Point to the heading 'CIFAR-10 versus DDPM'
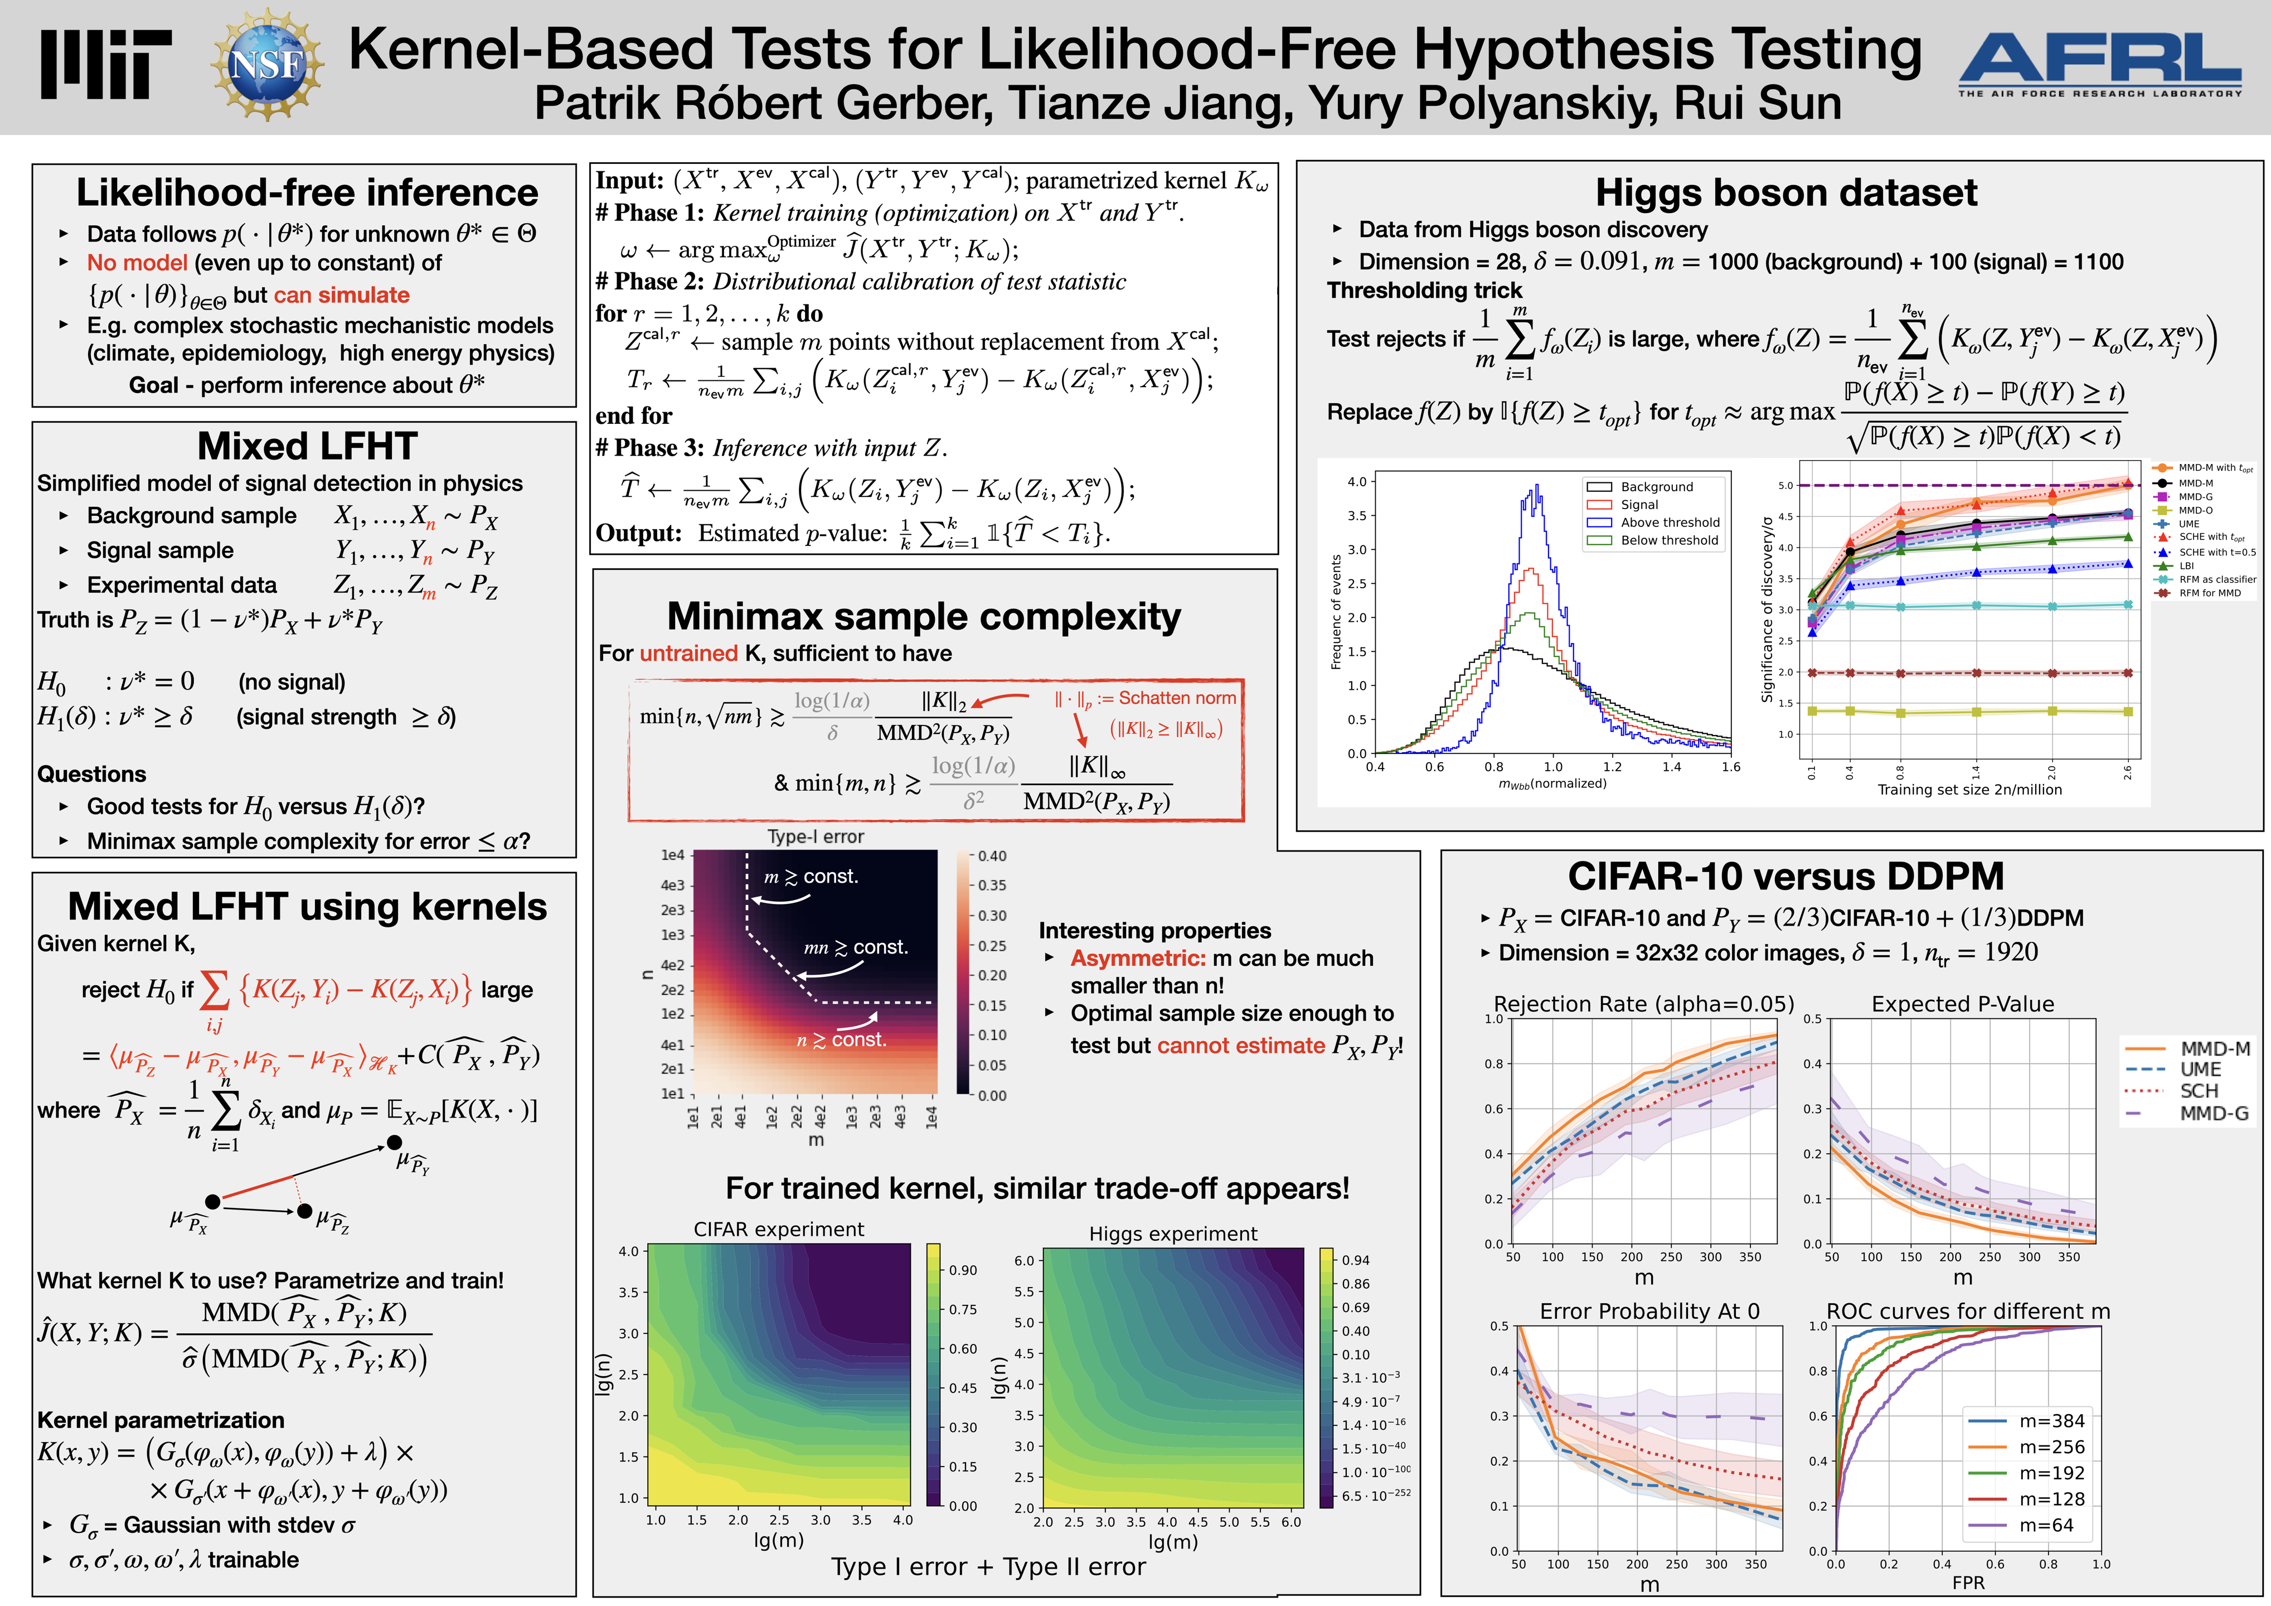coord(1785,877)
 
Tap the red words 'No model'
coord(137,263)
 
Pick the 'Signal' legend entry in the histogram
coord(1639,505)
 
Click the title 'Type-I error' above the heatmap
coord(815,837)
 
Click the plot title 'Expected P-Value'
coord(1962,1004)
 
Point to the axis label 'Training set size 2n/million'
coord(1969,790)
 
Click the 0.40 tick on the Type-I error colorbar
coord(992,856)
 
